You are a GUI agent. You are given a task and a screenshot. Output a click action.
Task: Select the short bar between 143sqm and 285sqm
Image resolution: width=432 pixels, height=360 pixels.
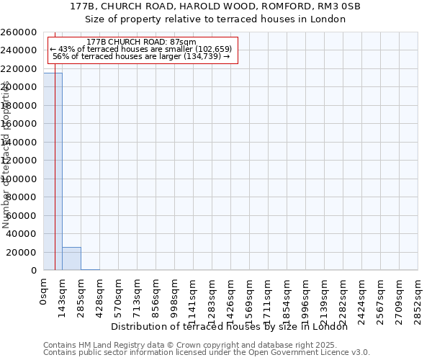point(71,258)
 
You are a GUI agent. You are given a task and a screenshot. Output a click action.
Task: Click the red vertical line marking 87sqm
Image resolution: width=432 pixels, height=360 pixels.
point(55,180)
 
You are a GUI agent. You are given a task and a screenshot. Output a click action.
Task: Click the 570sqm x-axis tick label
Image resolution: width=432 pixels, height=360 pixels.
point(118,294)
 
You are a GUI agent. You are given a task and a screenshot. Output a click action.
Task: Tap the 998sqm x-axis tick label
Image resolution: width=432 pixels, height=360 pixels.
point(174,294)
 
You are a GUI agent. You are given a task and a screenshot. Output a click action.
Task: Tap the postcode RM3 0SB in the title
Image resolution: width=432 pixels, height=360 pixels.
point(318,6)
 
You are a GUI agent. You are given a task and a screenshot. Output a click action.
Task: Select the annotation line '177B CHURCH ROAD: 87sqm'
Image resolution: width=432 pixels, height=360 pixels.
point(140,42)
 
